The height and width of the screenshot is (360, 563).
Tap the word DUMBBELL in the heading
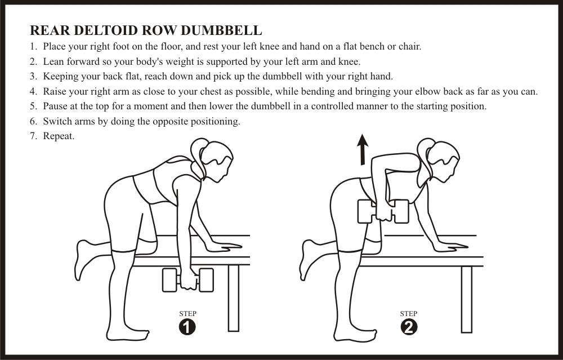[221, 30]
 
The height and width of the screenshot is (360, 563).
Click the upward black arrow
[363, 149]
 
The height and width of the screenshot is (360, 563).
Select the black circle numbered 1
[187, 327]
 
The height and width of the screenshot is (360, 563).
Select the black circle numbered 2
[409, 327]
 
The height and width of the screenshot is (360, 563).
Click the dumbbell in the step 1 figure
[188, 280]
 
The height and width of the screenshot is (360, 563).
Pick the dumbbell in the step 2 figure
[383, 211]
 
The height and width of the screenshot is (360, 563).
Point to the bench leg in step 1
[234, 298]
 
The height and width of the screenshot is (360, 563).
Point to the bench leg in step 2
[466, 300]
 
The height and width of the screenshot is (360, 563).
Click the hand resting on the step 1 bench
[222, 246]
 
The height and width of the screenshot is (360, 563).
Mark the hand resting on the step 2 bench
[449, 246]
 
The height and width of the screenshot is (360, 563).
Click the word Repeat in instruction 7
[59, 136]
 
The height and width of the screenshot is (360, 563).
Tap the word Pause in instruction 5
[55, 106]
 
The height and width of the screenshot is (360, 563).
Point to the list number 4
[33, 92]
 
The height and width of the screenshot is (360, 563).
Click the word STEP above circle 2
[409, 314]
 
